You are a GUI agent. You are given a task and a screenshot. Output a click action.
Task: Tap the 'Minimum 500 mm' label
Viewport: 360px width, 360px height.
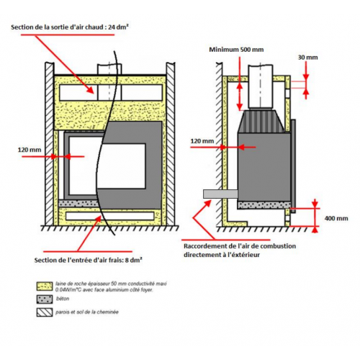[236, 50]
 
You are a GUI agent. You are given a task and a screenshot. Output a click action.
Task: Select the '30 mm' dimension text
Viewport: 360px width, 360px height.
[307, 58]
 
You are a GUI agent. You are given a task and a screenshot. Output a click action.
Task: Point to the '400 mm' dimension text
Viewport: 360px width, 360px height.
[336, 218]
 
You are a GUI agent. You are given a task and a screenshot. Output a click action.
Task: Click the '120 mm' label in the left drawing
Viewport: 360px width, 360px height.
[30, 150]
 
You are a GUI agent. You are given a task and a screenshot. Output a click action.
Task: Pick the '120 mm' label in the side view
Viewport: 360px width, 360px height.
[202, 141]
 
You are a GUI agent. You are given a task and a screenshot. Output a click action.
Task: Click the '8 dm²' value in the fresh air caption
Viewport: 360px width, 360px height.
[133, 260]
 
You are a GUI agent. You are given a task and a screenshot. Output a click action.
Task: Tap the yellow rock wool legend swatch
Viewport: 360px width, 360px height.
[45, 287]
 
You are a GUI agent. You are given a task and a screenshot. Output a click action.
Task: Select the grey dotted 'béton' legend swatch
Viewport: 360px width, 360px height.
[45, 300]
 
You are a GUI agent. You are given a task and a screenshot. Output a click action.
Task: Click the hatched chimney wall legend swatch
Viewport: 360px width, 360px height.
[45, 312]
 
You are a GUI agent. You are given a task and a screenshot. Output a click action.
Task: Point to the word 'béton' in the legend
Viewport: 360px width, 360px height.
[63, 299]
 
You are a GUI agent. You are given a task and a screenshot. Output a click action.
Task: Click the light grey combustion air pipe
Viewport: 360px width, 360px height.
[220, 194]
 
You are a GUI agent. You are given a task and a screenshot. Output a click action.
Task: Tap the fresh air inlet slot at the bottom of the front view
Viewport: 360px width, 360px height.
[109, 216]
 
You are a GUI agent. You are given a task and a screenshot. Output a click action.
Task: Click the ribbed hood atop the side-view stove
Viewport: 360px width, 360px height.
[261, 121]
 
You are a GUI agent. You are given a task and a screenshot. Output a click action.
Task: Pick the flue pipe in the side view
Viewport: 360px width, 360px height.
[261, 86]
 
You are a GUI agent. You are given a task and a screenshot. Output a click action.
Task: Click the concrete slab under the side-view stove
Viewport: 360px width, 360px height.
[264, 205]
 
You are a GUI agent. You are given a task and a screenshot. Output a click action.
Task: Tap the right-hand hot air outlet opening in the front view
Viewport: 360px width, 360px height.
[142, 92]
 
